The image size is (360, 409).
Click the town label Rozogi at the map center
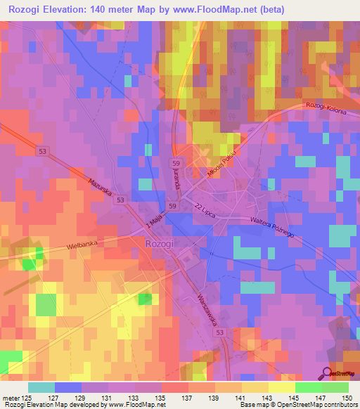(158, 242)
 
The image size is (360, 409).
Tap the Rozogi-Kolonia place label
(326, 105)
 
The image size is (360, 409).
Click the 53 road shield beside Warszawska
(221, 332)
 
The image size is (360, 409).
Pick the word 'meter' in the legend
(10, 397)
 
